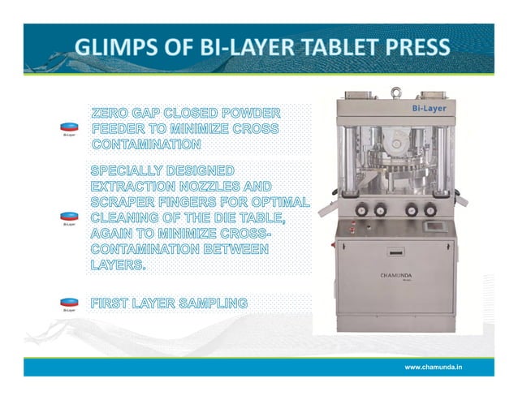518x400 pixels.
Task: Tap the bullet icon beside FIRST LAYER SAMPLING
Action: coord(70,304)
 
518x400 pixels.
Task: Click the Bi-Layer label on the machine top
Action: coord(428,105)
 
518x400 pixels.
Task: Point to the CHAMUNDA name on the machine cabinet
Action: coord(397,275)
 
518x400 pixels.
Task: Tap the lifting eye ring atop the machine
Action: coord(396,91)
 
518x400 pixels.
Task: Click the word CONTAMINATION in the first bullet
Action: coord(146,144)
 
